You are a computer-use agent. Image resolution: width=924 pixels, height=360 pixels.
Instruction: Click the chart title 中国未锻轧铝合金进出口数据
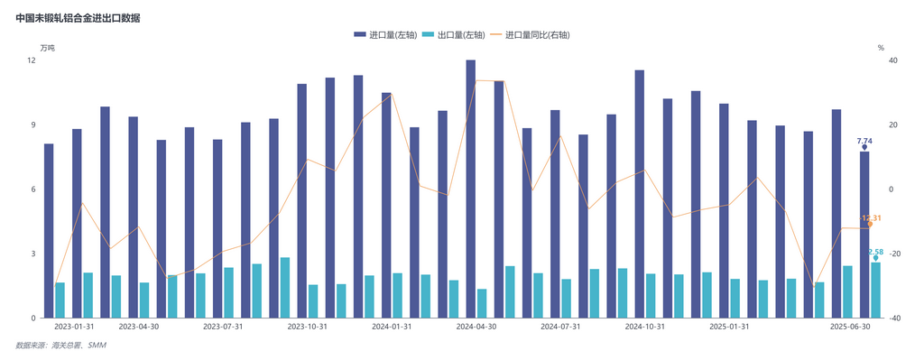[78, 18]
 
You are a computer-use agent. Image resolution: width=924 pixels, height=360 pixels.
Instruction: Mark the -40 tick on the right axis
[895, 318]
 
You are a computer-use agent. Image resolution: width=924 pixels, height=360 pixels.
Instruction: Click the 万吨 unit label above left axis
[47, 47]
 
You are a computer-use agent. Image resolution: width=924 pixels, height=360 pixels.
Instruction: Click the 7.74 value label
[864, 141]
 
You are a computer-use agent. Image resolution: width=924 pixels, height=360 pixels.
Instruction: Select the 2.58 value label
[875, 252]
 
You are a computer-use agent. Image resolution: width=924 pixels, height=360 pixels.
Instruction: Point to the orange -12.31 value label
[871, 218]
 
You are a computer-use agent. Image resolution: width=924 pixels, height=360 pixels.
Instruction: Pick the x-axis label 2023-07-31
[223, 328]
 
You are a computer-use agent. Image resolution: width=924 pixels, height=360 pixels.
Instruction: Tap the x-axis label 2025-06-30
[850, 328]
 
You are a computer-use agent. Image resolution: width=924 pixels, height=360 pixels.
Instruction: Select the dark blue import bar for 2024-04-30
[471, 189]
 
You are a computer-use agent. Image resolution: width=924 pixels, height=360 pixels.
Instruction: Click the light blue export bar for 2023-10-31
[313, 301]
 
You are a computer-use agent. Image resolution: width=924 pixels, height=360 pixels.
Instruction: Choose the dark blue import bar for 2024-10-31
[640, 194]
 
